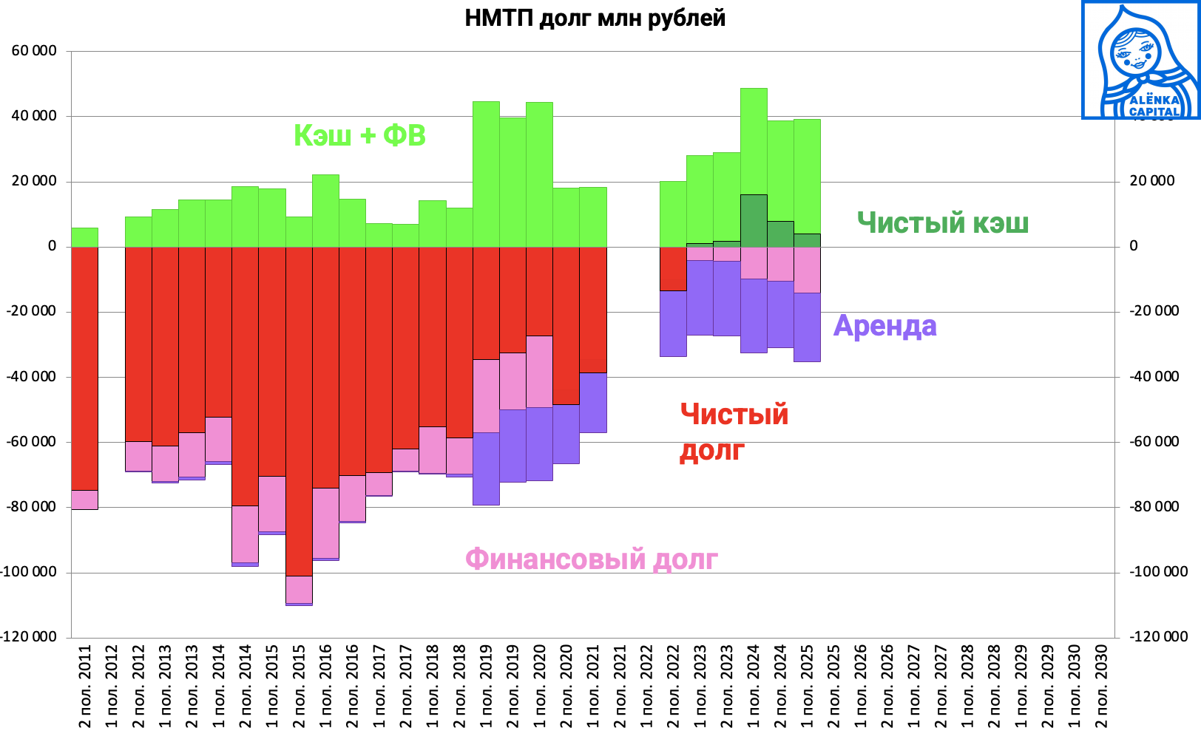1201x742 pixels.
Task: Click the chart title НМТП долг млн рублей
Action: [x=595, y=18]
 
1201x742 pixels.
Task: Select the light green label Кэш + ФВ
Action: [x=359, y=136]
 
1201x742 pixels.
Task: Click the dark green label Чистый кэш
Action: [x=942, y=222]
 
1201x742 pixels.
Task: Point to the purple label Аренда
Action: [x=884, y=326]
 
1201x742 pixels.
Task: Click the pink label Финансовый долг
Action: [x=591, y=559]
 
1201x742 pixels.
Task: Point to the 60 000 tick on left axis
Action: [x=34, y=51]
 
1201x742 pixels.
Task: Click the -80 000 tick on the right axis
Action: [x=1154, y=507]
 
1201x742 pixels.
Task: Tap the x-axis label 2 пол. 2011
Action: [x=85, y=686]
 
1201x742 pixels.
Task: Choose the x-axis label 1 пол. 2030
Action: [x=1075, y=686]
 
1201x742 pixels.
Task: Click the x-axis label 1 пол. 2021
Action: [x=593, y=686]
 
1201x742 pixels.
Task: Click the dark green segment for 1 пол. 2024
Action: [x=754, y=220]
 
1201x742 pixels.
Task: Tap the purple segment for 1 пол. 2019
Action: [x=486, y=469]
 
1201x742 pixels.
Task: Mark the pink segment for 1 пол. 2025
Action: [x=807, y=270]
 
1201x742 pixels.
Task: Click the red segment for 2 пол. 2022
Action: [x=673, y=268]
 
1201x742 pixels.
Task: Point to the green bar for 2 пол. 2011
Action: [x=85, y=237]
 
